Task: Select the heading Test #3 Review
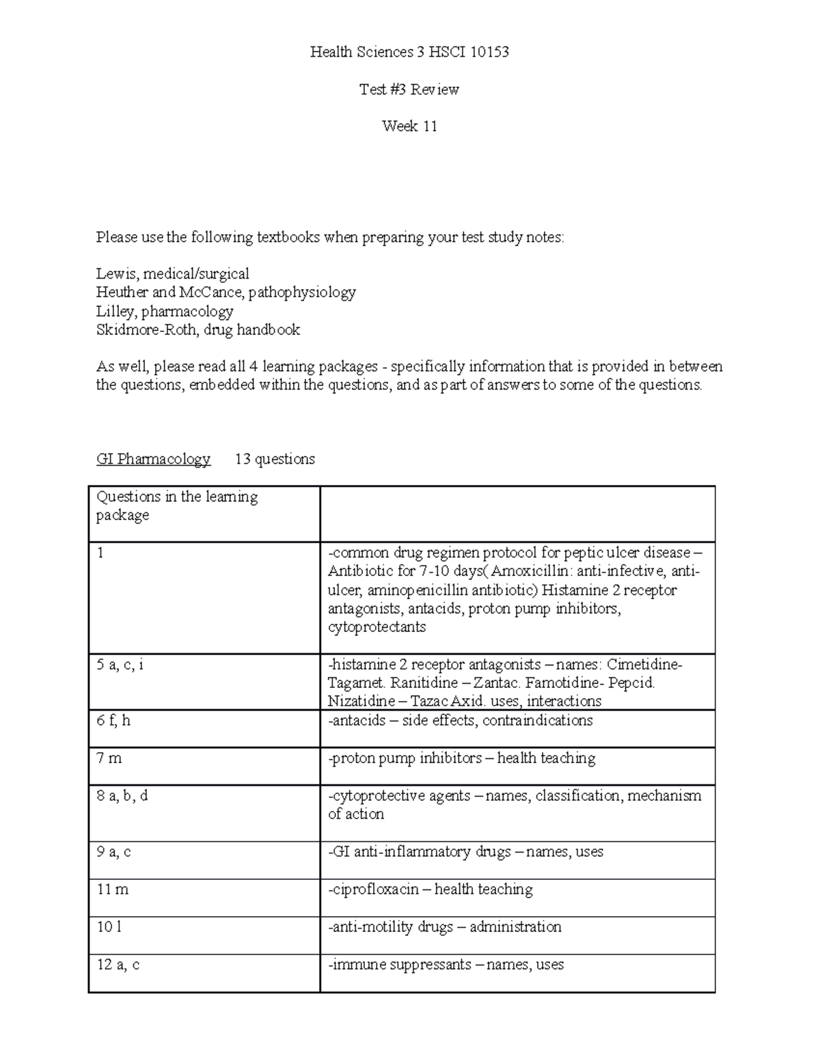coord(409,89)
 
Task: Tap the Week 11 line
coord(409,126)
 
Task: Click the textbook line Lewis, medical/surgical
coord(172,274)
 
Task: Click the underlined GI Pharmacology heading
coord(153,459)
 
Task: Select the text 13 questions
coord(275,459)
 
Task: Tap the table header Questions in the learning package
coord(176,506)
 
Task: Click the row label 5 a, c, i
coord(120,664)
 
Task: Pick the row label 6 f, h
coord(113,720)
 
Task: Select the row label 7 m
coord(109,758)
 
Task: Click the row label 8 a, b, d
coord(122,795)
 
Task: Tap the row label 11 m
coord(113,889)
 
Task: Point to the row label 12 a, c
coord(118,964)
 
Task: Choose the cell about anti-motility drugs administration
coord(445,926)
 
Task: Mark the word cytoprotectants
coord(377,627)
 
